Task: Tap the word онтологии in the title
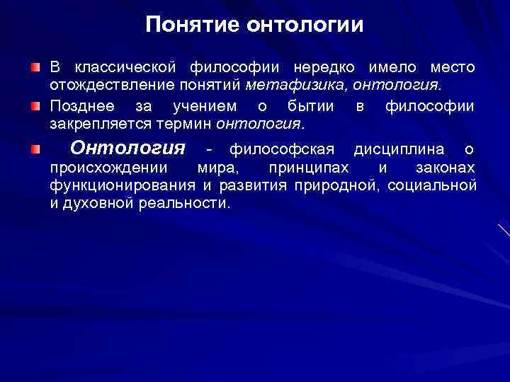coord(305,25)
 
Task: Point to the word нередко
coord(324,68)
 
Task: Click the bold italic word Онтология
coord(128,149)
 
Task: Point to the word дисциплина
coord(399,150)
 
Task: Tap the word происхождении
coord(108,168)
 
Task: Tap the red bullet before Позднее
coord(35,107)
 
